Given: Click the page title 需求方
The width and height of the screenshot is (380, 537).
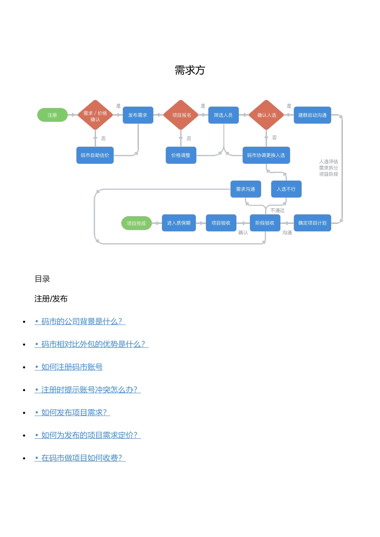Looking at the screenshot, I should click(x=190, y=70).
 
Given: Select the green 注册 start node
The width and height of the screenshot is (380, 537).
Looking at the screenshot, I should click(x=52, y=115).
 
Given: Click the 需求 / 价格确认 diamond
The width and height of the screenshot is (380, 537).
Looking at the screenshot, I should click(x=95, y=115).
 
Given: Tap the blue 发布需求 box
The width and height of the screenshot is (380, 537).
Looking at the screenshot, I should click(x=138, y=115).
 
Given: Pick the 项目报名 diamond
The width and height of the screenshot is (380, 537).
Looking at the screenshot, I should click(x=181, y=115).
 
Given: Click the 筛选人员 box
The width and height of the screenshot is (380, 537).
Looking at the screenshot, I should click(x=223, y=115).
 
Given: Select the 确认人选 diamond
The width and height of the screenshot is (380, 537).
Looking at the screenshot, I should click(x=266, y=115).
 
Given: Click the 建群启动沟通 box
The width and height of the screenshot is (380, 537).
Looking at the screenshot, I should click(x=312, y=115).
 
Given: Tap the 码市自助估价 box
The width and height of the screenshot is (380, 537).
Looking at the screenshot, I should click(x=95, y=155).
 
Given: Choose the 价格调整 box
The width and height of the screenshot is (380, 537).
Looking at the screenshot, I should click(x=181, y=155).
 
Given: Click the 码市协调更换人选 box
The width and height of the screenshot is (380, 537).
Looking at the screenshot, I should click(x=266, y=155).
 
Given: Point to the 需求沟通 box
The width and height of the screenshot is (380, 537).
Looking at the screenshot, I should click(x=246, y=189).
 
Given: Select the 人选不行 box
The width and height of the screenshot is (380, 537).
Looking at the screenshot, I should click(x=286, y=189).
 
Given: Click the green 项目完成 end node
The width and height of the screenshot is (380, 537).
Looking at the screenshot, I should click(x=136, y=223).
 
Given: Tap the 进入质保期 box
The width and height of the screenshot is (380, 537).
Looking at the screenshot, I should click(x=179, y=223).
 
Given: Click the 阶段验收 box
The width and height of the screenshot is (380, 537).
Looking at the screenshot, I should click(x=265, y=223).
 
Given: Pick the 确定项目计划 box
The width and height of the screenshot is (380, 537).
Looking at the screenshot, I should click(x=312, y=223).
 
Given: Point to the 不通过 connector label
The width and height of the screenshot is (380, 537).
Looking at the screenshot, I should click(x=277, y=211).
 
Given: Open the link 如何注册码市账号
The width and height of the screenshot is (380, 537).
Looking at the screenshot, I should click(x=72, y=367).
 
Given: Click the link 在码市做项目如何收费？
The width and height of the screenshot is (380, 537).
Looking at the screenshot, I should click(x=82, y=458).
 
